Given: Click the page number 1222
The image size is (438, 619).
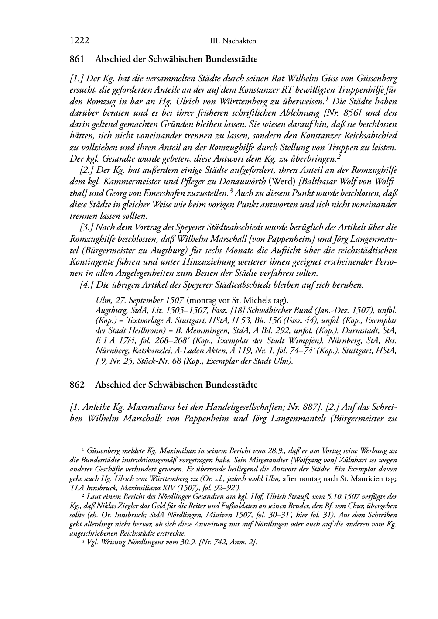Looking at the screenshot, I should point(79,41).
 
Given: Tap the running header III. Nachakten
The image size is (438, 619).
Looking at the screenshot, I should point(233,41).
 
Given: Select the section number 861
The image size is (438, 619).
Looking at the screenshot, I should point(76,59).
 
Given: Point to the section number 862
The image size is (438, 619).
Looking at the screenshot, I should point(76,385).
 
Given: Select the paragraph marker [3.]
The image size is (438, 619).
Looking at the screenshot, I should point(86,227).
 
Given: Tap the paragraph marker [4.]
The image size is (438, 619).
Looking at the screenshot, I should point(86,285).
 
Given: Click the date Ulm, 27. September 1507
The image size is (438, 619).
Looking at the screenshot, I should point(140,301).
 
